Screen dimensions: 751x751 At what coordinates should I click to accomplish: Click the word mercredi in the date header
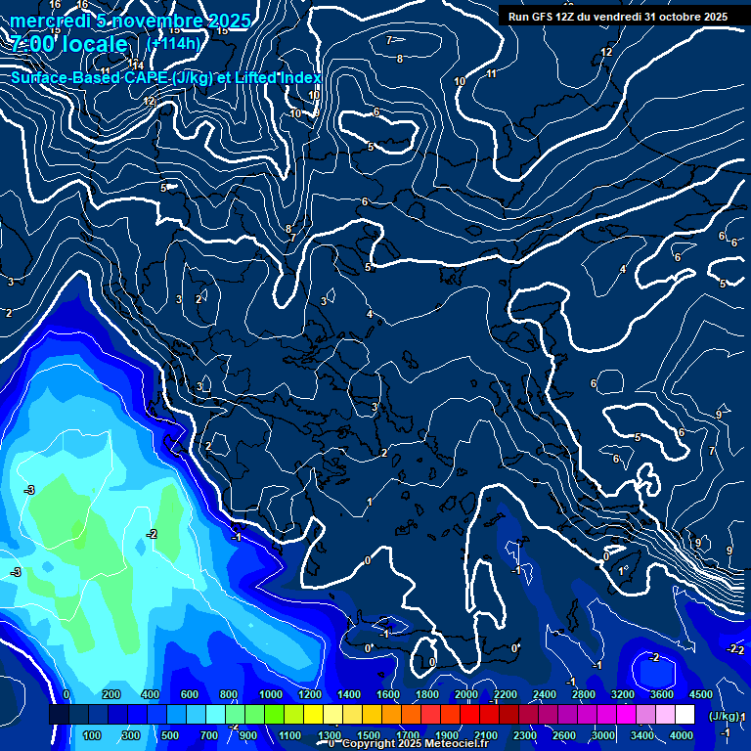(x=50, y=21)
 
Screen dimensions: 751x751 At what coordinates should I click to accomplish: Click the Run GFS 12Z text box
(x=617, y=16)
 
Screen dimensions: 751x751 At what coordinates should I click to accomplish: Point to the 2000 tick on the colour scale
(x=466, y=694)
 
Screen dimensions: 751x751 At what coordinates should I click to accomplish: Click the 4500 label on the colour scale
(x=700, y=694)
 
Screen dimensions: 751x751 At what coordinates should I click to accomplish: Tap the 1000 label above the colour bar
(x=271, y=694)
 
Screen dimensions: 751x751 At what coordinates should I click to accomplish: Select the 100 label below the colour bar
(x=93, y=735)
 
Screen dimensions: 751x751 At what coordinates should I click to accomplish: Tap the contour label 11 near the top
(x=491, y=73)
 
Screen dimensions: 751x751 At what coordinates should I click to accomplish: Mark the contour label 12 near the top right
(x=606, y=52)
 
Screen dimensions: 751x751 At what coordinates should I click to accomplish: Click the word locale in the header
(x=93, y=44)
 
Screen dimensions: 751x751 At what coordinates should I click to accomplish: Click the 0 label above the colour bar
(x=66, y=694)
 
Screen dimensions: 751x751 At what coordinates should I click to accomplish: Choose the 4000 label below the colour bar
(x=682, y=735)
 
